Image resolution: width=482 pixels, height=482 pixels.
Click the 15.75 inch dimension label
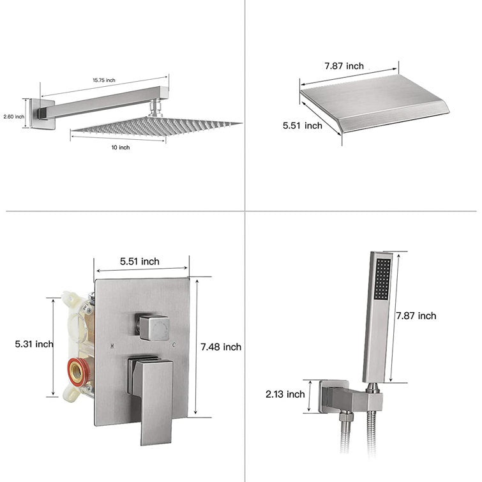(104, 80)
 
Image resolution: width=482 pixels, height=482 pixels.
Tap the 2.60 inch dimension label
(14, 116)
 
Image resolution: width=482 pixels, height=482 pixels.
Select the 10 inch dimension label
(121, 147)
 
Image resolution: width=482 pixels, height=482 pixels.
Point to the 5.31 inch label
(34, 343)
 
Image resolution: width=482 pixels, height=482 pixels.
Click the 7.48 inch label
(221, 347)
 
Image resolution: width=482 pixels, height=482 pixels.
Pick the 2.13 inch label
(285, 394)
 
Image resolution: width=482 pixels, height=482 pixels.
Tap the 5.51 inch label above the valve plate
(140, 262)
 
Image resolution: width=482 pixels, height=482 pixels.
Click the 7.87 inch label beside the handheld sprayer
(416, 316)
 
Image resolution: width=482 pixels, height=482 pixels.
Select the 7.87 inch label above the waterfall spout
(344, 66)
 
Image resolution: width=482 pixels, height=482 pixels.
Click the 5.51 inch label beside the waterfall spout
(303, 125)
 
